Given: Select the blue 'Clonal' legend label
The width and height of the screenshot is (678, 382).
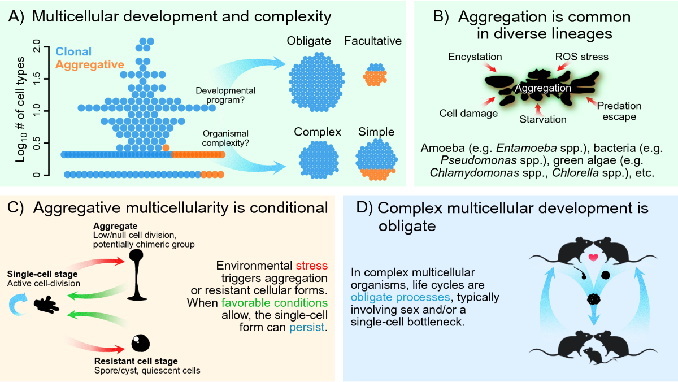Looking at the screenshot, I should point(73,51).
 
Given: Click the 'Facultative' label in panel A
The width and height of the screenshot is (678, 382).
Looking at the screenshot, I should point(373,41).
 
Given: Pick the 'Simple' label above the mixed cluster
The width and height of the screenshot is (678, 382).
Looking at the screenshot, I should point(376,133).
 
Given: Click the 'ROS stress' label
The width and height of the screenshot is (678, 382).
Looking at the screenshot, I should point(573,57).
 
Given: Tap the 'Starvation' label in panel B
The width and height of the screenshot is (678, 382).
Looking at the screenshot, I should point(542,119).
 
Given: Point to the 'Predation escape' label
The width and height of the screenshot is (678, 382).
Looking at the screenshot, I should point(619,111).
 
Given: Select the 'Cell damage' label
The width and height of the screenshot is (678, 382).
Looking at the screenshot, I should point(468,114).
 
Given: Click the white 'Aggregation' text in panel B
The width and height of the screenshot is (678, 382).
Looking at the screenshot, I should point(542,88).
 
